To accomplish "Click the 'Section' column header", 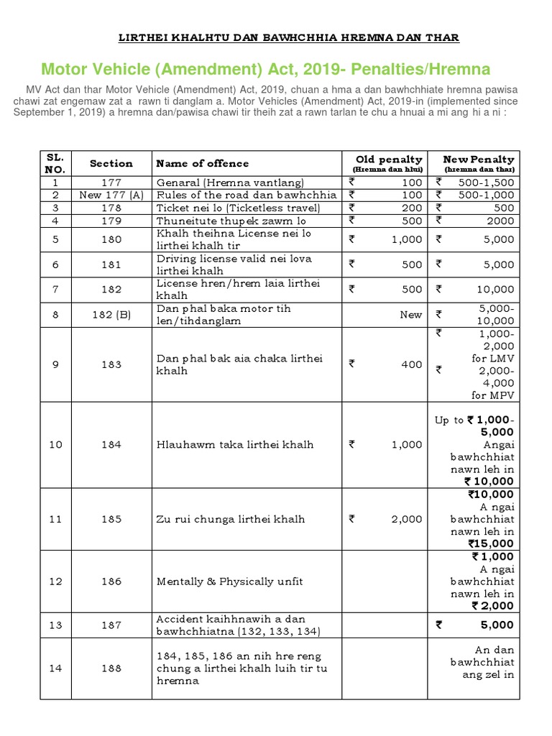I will pos(111,164).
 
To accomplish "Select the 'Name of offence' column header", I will pos(203,164).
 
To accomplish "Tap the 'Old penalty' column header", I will pos(389,160).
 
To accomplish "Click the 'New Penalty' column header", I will pos(478,160).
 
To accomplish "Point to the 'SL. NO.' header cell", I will pos(55,164).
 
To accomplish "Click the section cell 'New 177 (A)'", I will pos(111,195).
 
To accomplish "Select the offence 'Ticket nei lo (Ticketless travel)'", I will pos(238,208).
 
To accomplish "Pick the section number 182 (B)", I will pos(111,314).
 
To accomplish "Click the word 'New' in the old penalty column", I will pos(411,315).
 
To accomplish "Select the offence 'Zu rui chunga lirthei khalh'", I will pos(231,519).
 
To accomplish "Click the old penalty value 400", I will pos(412,364).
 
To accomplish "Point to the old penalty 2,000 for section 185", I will pos(407,519).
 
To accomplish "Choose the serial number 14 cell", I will pos(55,668).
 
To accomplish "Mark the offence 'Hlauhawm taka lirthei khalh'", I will pos(235,445).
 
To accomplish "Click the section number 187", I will pos(111,625).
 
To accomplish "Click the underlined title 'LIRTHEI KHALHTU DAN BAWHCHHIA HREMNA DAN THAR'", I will pos(287,37).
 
